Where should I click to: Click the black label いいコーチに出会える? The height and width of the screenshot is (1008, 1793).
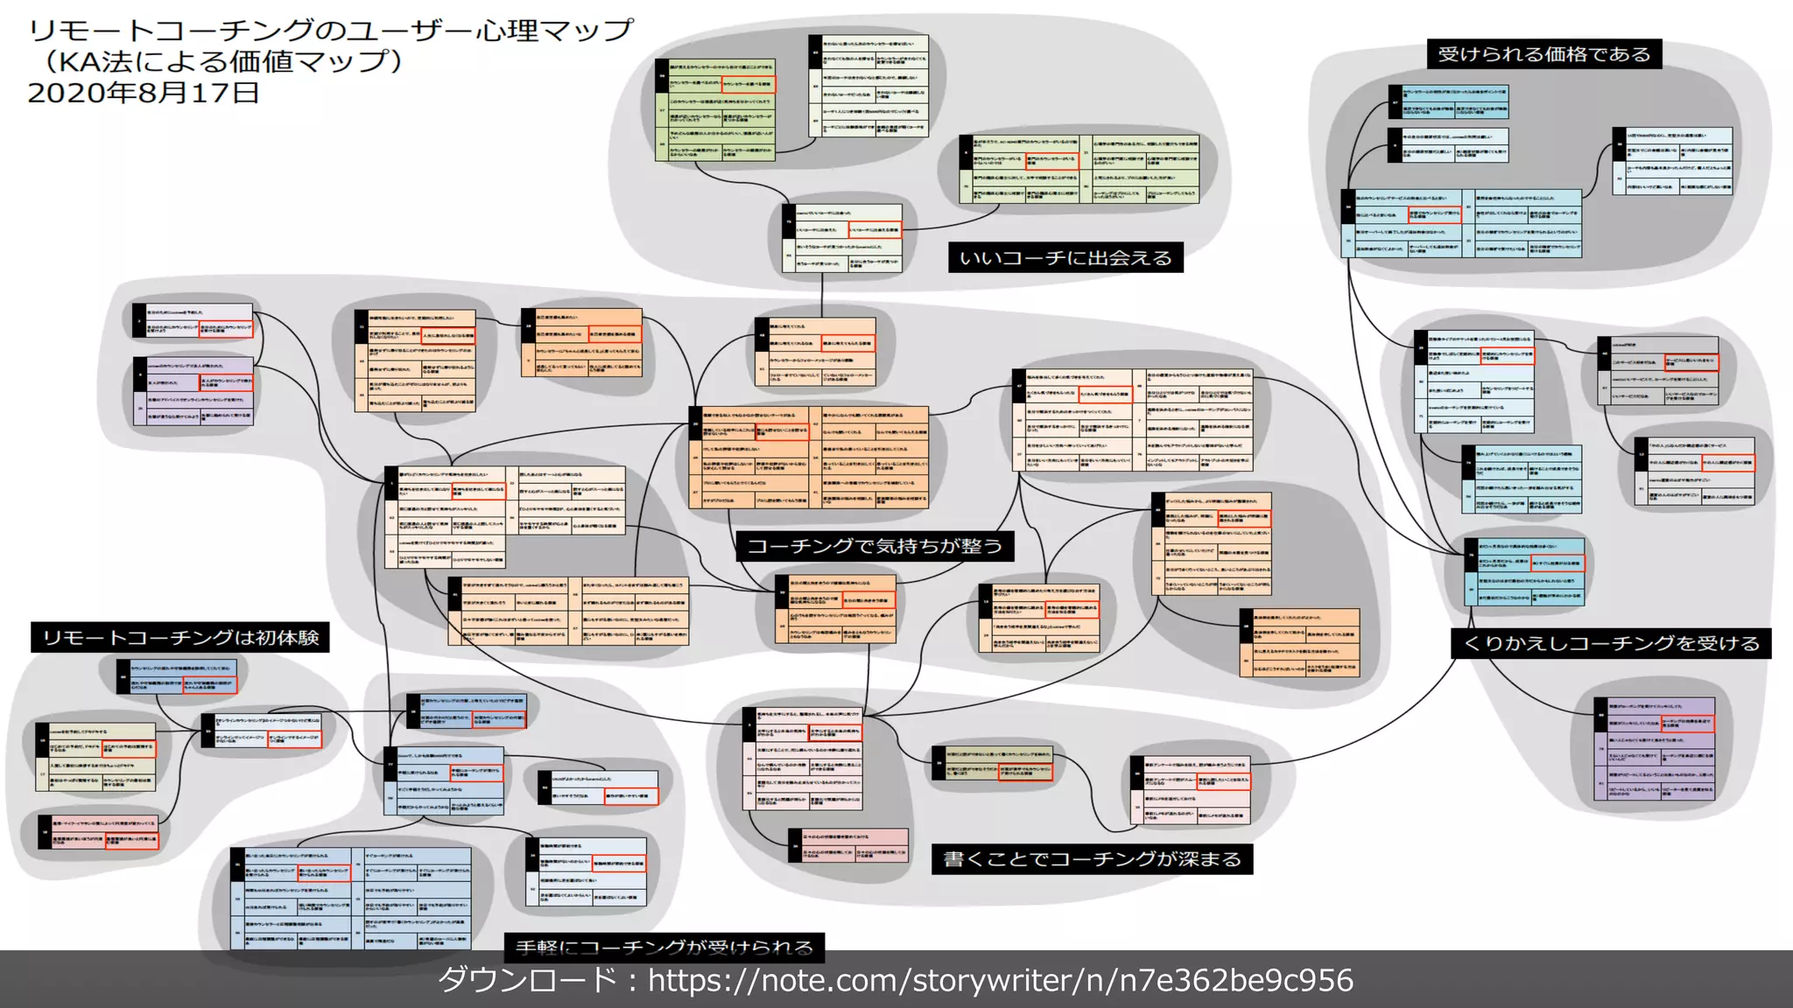(1065, 257)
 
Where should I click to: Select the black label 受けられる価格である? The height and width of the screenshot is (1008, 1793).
(1543, 54)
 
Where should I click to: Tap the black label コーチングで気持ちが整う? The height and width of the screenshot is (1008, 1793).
(874, 546)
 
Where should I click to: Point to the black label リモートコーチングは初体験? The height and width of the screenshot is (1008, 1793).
(180, 637)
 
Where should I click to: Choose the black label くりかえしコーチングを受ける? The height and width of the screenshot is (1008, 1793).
(1611, 643)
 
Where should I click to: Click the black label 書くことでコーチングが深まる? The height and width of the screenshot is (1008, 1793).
(1092, 858)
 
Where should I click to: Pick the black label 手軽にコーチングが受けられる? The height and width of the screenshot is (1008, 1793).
(664, 947)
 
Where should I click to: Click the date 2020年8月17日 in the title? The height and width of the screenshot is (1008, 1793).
(144, 93)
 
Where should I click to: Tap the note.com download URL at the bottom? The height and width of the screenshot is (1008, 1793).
(1000, 980)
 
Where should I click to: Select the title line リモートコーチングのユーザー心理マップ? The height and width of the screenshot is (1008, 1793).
(330, 31)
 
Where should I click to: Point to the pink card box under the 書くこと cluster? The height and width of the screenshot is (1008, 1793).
(848, 845)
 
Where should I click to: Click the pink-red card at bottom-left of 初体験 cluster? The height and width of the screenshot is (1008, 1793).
(99, 831)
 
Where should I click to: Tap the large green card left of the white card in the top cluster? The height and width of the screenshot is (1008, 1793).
(715, 109)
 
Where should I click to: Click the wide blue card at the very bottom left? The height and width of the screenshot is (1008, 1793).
(350, 898)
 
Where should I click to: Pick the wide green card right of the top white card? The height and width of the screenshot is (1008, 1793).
(1079, 170)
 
